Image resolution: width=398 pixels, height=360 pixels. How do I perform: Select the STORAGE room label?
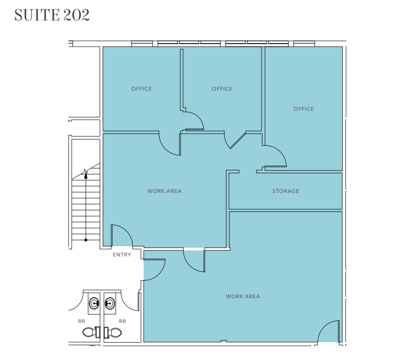coord(285,191)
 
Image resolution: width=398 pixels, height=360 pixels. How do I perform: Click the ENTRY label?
coord(122,255)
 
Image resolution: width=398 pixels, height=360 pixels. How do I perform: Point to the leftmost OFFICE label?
coord(141,89)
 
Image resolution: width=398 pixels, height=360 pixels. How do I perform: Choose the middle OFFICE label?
coord(222,89)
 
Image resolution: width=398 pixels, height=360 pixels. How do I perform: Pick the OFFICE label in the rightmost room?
coord(304,109)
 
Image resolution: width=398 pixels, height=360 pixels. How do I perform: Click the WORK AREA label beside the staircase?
coord(165,191)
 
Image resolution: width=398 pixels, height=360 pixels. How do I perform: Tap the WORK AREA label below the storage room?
coord(243,296)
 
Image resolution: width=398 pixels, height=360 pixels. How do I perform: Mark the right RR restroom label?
coord(122,321)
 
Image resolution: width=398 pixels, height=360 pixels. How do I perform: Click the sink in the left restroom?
coord(94,304)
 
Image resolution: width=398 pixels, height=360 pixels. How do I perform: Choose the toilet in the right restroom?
coord(114,332)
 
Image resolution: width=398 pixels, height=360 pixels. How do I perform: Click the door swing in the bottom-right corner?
coord(329,332)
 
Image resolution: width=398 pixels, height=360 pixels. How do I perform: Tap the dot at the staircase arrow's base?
coord(86,240)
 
